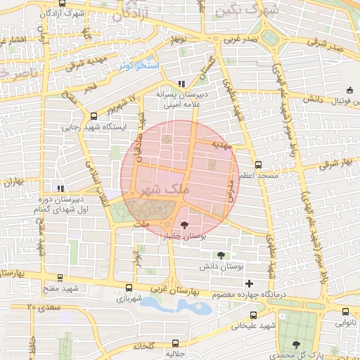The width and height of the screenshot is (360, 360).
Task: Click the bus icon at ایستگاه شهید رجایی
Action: pyautogui.click(x=94, y=117)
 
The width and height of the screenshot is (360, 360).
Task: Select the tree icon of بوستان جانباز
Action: pyautogui.click(x=184, y=225)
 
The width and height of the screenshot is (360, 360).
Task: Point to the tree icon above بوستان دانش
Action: pyautogui.click(x=223, y=255)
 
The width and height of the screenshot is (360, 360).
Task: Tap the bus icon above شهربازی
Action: pyautogui.click(x=128, y=288)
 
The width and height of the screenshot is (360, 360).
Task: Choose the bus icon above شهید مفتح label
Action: pyautogui.click(x=60, y=278)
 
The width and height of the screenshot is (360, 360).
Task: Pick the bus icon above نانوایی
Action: pyautogui.click(x=345, y=312)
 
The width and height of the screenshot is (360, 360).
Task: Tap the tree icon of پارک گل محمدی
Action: pyautogui.click(x=296, y=345)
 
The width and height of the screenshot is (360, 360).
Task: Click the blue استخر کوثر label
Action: pyautogui.click(x=139, y=65)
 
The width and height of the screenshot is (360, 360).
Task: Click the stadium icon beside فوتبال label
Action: pyautogui.click(x=350, y=90)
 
